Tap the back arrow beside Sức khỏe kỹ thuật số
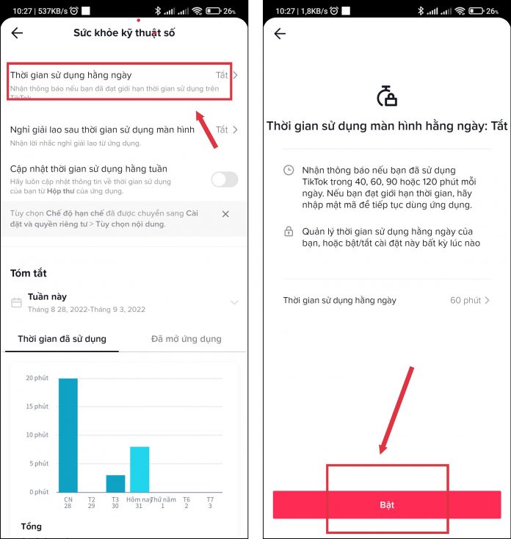17,33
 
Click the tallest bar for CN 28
68,435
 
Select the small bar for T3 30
115,484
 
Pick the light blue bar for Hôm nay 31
139,469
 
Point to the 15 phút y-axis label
37,407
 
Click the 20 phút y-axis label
37,378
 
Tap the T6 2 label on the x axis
186,502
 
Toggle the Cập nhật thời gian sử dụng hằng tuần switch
225,179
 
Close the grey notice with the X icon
225,214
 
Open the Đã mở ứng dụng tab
186,339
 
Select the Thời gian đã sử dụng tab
62,339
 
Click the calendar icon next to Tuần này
16,302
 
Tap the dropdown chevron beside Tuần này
234,302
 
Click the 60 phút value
465,301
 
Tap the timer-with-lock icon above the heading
387,96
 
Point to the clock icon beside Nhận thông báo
289,170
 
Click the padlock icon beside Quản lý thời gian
289,232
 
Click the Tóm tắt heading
29,274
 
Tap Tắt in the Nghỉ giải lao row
222,129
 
